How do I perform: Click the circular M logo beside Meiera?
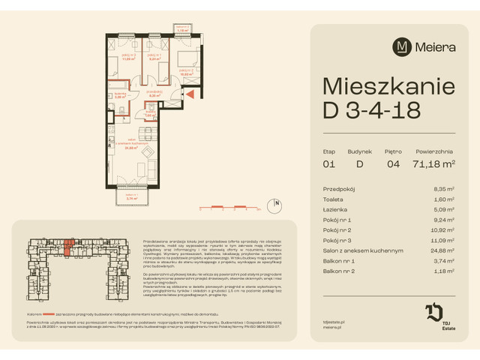(x=401, y=46)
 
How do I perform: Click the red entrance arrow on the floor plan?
(x=190, y=94)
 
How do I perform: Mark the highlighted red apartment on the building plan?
(x=69, y=246)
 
